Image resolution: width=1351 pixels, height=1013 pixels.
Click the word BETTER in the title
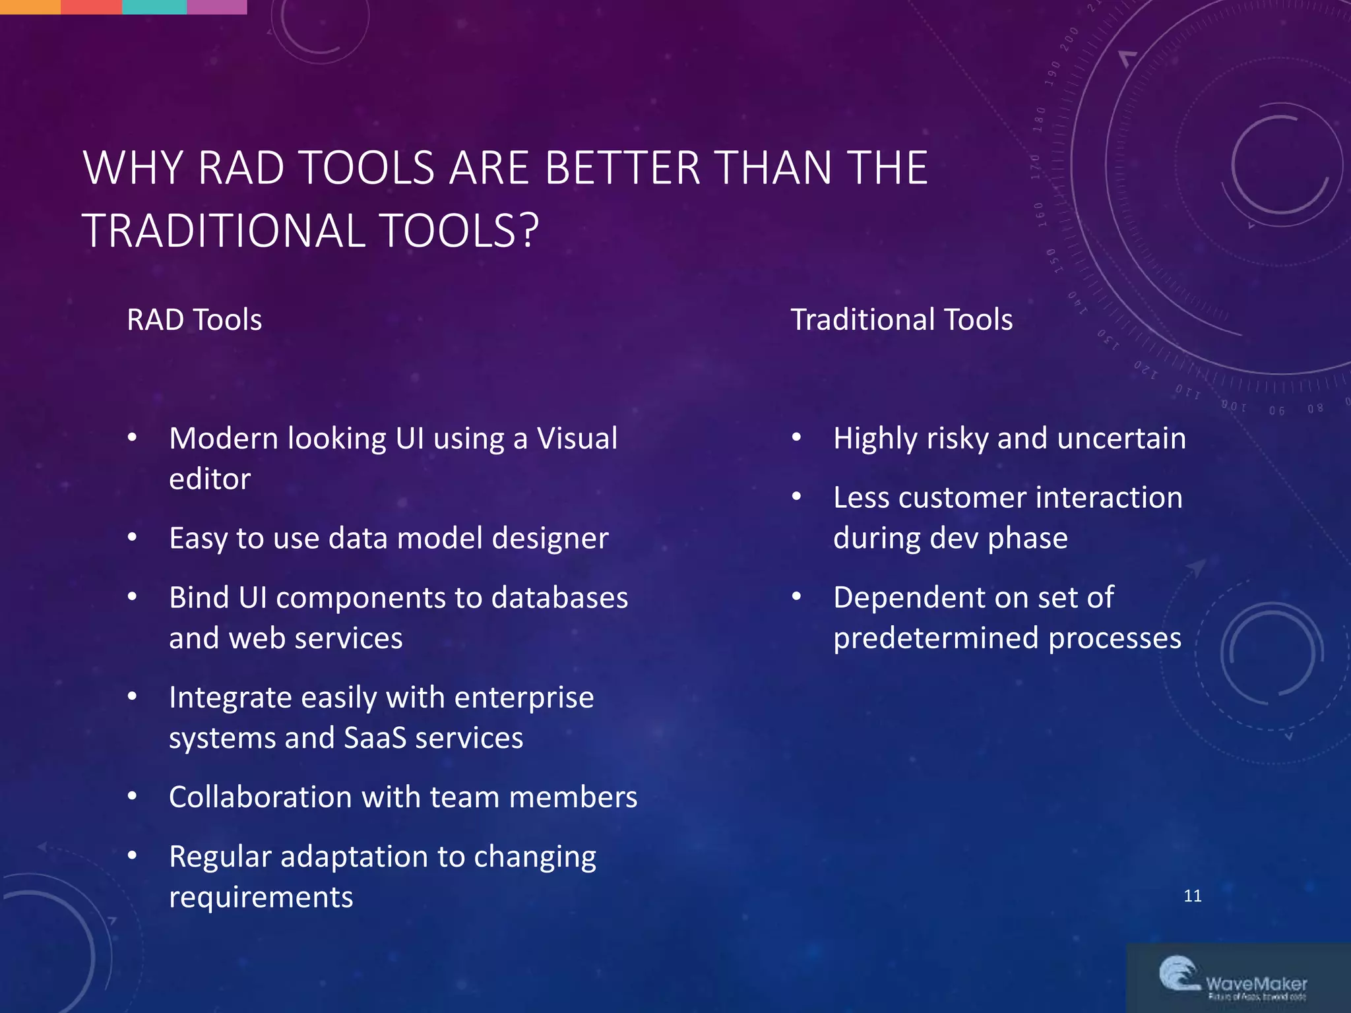[x=622, y=168]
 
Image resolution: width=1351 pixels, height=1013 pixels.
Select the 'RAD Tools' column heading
[x=194, y=320]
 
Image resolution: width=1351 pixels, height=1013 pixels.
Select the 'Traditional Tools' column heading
[x=901, y=320]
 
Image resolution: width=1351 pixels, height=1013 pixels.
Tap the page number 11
[x=1193, y=896]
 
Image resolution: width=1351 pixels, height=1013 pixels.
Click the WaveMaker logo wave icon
[x=1178, y=973]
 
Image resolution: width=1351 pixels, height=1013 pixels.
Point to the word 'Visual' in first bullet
[x=577, y=439]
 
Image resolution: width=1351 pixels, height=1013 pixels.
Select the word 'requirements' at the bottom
[x=261, y=898]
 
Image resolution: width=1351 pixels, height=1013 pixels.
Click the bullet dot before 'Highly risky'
[x=796, y=437]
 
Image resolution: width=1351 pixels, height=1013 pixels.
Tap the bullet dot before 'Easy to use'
[x=132, y=537]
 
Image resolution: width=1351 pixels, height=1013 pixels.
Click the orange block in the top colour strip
[x=30, y=7]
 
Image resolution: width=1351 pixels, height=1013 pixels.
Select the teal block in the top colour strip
[x=154, y=7]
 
